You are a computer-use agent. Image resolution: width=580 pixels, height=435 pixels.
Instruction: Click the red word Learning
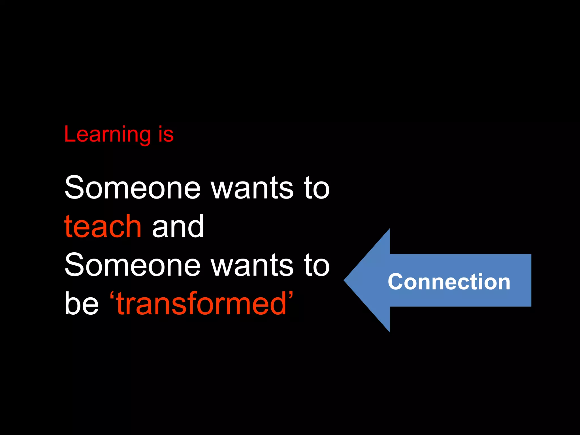click(x=108, y=135)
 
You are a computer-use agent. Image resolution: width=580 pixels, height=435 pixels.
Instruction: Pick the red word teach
click(x=103, y=226)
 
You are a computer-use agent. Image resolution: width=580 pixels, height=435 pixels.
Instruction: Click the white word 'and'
click(x=178, y=226)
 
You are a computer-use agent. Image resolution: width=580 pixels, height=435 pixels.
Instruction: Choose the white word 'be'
click(x=82, y=304)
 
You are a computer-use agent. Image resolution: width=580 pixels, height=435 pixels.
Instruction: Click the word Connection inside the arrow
click(x=449, y=282)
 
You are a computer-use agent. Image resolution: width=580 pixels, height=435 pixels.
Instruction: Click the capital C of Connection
click(x=396, y=282)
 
